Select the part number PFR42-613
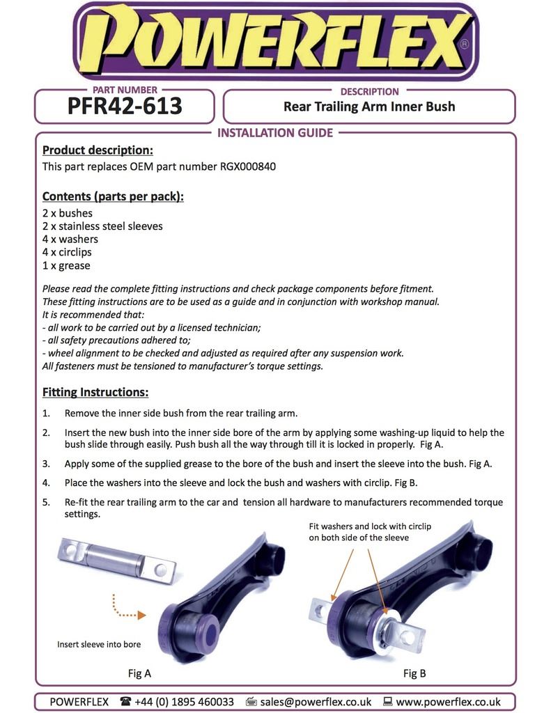coord(125,107)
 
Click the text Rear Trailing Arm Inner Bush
coord(368,107)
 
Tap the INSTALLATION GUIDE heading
coord(275,133)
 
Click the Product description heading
coord(98,150)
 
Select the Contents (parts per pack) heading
coord(113,196)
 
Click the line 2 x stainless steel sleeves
coord(102,226)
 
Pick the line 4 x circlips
coord(67,252)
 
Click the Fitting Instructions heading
coord(95,392)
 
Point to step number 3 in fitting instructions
coord(46,463)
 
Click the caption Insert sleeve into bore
coord(99,644)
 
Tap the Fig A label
coord(139,673)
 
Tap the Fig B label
coord(414,673)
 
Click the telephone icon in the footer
coord(125,702)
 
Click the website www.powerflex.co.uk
coord(448,702)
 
